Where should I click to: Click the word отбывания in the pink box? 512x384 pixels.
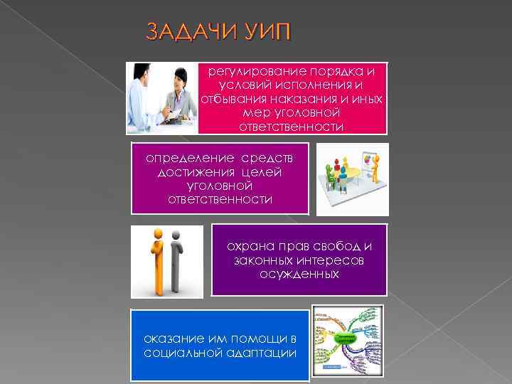coord(233,99)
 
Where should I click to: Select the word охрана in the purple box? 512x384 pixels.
coord(248,245)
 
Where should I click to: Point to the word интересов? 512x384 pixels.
coord(332,260)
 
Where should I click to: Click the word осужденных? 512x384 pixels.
coord(299,274)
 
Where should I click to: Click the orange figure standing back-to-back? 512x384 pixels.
coord(158,259)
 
